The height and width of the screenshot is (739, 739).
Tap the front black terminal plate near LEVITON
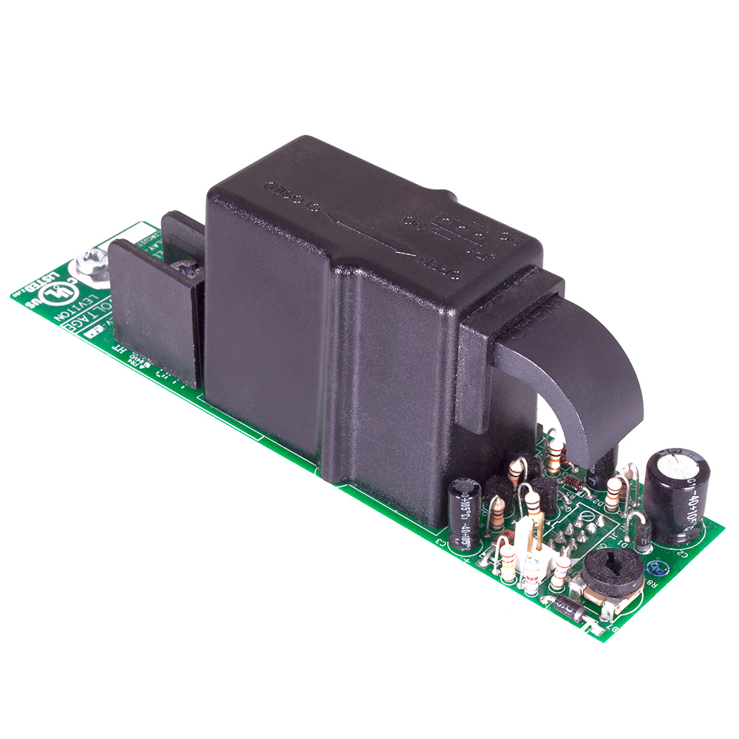tap(155, 310)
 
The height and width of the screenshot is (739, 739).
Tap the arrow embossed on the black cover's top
tap(355, 222)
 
